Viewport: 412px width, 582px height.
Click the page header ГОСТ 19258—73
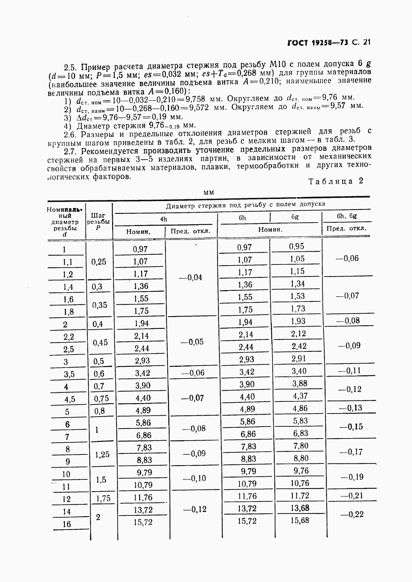[x=317, y=43]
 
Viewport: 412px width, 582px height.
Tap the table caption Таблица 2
[x=336, y=181]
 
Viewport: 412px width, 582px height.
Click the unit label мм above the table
[x=209, y=192]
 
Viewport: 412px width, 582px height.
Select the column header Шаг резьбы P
[x=99, y=221]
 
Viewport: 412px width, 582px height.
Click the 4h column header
[x=163, y=219]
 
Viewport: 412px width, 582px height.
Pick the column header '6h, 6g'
[x=347, y=216]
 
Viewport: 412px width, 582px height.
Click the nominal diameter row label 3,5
[x=69, y=374]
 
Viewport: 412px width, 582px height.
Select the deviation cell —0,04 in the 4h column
[x=192, y=278]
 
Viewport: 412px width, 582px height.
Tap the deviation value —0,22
[x=352, y=514]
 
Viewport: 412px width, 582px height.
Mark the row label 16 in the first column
[x=66, y=524]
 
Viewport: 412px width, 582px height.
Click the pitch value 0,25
[x=99, y=262]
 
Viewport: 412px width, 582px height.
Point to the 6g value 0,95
[x=296, y=246]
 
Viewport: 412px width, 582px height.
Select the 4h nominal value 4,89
[x=143, y=410]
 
